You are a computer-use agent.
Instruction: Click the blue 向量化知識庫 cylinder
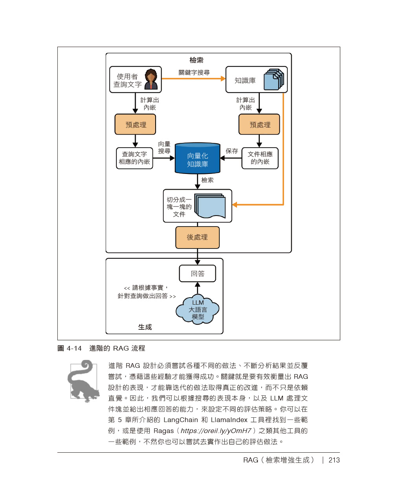(x=197, y=159)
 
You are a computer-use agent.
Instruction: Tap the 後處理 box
(x=197, y=238)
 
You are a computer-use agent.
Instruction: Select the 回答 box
(x=197, y=274)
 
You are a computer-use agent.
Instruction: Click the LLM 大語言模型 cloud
(x=198, y=310)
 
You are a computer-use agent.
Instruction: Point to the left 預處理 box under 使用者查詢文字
(x=135, y=124)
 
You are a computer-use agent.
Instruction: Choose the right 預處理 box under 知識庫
(x=259, y=124)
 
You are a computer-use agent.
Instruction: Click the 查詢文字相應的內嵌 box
(x=134, y=158)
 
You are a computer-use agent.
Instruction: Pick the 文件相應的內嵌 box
(x=260, y=158)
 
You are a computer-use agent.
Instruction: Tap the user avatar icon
(x=151, y=79)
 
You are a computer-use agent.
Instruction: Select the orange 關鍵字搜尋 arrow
(x=193, y=79)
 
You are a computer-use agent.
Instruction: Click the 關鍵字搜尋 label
(x=194, y=73)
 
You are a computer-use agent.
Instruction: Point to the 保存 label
(x=232, y=151)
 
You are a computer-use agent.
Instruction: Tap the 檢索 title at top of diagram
(x=196, y=60)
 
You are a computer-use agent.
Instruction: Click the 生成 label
(x=145, y=327)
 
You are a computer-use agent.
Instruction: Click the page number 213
(x=334, y=460)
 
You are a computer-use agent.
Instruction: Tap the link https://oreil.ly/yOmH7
(x=216, y=431)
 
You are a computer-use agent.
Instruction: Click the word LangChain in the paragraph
(x=181, y=420)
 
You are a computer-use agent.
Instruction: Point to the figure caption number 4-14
(x=74, y=348)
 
